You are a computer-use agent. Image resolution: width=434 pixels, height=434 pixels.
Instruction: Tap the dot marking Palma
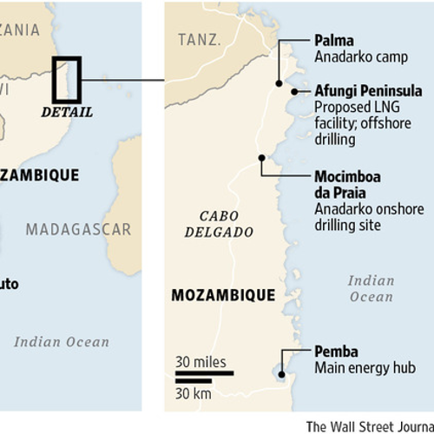(279, 83)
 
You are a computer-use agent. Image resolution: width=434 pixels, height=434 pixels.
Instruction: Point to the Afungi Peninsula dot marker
(295, 90)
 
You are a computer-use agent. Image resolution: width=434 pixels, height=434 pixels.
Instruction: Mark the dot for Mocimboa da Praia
(261, 157)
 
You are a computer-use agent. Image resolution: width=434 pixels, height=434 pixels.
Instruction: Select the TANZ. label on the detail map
(201, 40)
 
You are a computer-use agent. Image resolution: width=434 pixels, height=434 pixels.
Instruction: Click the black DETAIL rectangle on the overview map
(67, 80)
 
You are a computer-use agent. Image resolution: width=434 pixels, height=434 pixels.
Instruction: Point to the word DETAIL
(67, 112)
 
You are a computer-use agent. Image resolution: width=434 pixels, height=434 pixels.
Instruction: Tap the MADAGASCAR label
(78, 230)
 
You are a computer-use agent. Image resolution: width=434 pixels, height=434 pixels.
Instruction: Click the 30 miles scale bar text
(201, 361)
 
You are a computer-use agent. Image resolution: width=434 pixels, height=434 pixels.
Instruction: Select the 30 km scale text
(194, 393)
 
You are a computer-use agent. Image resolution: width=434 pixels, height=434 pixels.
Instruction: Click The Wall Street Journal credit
(369, 425)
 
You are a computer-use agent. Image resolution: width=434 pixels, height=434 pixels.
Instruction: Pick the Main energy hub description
(353, 369)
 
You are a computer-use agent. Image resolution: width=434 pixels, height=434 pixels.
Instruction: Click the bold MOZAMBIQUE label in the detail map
(223, 295)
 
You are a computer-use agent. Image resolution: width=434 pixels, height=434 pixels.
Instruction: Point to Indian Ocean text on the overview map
(62, 341)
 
